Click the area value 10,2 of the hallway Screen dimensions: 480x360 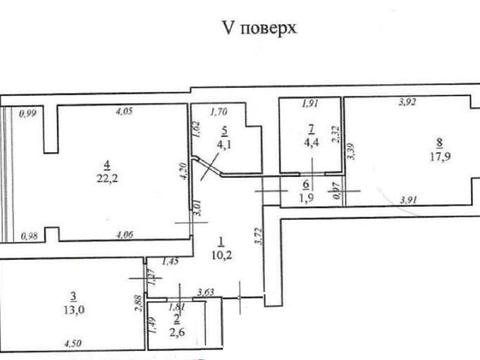223,254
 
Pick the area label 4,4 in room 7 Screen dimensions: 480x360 312,142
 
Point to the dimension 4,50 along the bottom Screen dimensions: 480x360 73,345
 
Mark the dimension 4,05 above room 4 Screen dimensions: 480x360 124,110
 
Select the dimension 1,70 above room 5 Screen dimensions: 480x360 219,113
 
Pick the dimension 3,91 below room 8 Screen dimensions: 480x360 407,200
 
